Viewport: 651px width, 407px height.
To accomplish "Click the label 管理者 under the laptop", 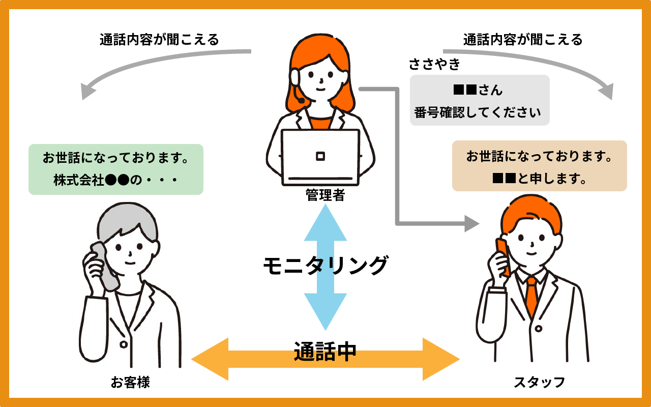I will tap(325, 195).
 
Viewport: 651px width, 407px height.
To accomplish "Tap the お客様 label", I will tap(130, 382).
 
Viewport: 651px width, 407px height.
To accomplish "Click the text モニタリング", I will tap(325, 265).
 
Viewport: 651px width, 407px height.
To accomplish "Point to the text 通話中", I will tap(325, 352).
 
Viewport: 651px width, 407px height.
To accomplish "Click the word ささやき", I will tap(434, 65).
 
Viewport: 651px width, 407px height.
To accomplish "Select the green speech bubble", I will tap(116, 169).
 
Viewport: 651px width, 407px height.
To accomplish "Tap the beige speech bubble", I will tap(539, 166).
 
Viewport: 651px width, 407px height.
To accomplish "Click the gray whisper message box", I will tap(480, 100).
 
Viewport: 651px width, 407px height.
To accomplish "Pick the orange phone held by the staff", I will tap(503, 257).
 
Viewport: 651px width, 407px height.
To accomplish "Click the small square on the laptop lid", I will tap(320, 156).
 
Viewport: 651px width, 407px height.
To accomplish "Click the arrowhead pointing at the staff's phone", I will tap(472, 223).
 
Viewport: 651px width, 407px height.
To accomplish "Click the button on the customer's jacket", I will tap(123, 344).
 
